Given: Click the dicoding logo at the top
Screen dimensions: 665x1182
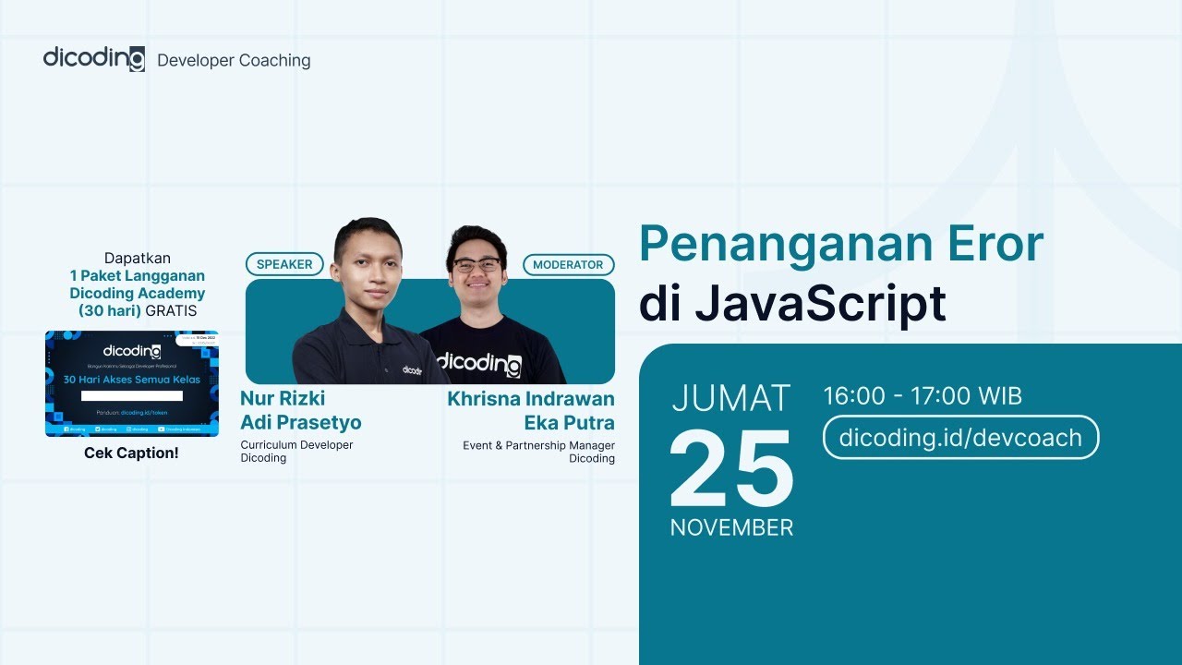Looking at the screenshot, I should click(93, 59).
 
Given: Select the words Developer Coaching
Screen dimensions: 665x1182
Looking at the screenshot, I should click(234, 61).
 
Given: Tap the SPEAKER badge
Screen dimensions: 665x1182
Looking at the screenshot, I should click(284, 264).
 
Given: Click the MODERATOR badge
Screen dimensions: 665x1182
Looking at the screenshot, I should click(568, 264).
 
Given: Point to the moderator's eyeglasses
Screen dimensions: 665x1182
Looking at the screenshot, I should click(476, 265).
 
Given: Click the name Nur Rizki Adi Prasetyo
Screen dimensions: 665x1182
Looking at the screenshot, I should click(300, 410).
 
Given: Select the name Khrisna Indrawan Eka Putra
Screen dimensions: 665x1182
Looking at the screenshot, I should click(531, 411).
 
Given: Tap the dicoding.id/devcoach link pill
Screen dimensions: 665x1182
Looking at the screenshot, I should click(960, 437).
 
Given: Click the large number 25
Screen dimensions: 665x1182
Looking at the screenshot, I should click(731, 470).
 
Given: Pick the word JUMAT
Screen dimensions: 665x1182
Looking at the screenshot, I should click(731, 398).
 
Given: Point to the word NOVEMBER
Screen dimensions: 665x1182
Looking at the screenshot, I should click(731, 527).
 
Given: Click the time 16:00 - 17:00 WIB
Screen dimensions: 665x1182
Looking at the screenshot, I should click(923, 396).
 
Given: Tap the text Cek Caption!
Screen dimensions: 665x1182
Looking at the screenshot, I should click(131, 453).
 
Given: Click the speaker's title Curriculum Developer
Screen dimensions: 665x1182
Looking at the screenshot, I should click(296, 444).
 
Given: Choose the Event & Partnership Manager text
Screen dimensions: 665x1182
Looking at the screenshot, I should click(538, 445).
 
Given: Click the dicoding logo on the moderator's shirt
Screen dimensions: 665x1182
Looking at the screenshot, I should click(478, 362).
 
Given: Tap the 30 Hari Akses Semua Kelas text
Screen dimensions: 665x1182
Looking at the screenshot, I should click(131, 380).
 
